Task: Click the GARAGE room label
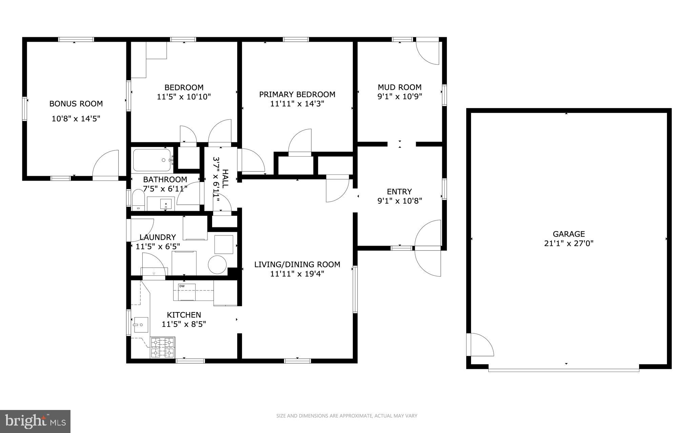[569, 234]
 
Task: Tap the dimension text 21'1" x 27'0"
[569, 243]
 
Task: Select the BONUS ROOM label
[76, 104]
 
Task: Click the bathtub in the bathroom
[152, 160]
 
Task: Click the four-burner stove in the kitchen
[162, 348]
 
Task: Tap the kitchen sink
[140, 325]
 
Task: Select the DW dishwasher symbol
[184, 291]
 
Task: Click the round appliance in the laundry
[217, 265]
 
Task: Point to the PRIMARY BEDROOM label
[297, 95]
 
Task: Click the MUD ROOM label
[400, 87]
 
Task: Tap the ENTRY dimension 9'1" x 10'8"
[400, 201]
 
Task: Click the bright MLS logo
[35, 421]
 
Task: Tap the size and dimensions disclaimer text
[347, 416]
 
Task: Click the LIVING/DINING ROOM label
[297, 265]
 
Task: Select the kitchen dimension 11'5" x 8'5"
[184, 324]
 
